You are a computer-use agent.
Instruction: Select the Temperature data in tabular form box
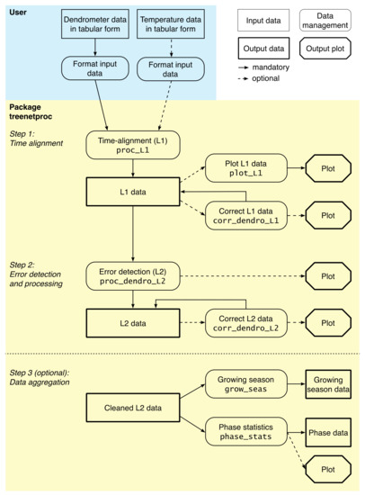[x=170, y=27]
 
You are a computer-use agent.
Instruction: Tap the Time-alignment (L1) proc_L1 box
[x=133, y=144]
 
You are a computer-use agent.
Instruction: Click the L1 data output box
[x=133, y=191]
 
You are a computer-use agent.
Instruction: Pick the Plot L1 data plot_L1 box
[x=244, y=167]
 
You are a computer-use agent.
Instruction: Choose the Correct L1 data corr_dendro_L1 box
[x=244, y=215]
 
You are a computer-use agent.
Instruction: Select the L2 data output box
[x=133, y=322]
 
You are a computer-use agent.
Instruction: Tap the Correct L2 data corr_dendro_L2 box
[x=244, y=322]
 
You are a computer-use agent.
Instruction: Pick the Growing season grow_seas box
[x=244, y=385]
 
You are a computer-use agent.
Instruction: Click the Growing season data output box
[x=328, y=385]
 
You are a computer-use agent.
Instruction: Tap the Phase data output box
[x=328, y=433]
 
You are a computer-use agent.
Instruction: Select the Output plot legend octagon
[x=327, y=47]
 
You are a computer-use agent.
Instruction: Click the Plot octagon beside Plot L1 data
[x=328, y=167]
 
